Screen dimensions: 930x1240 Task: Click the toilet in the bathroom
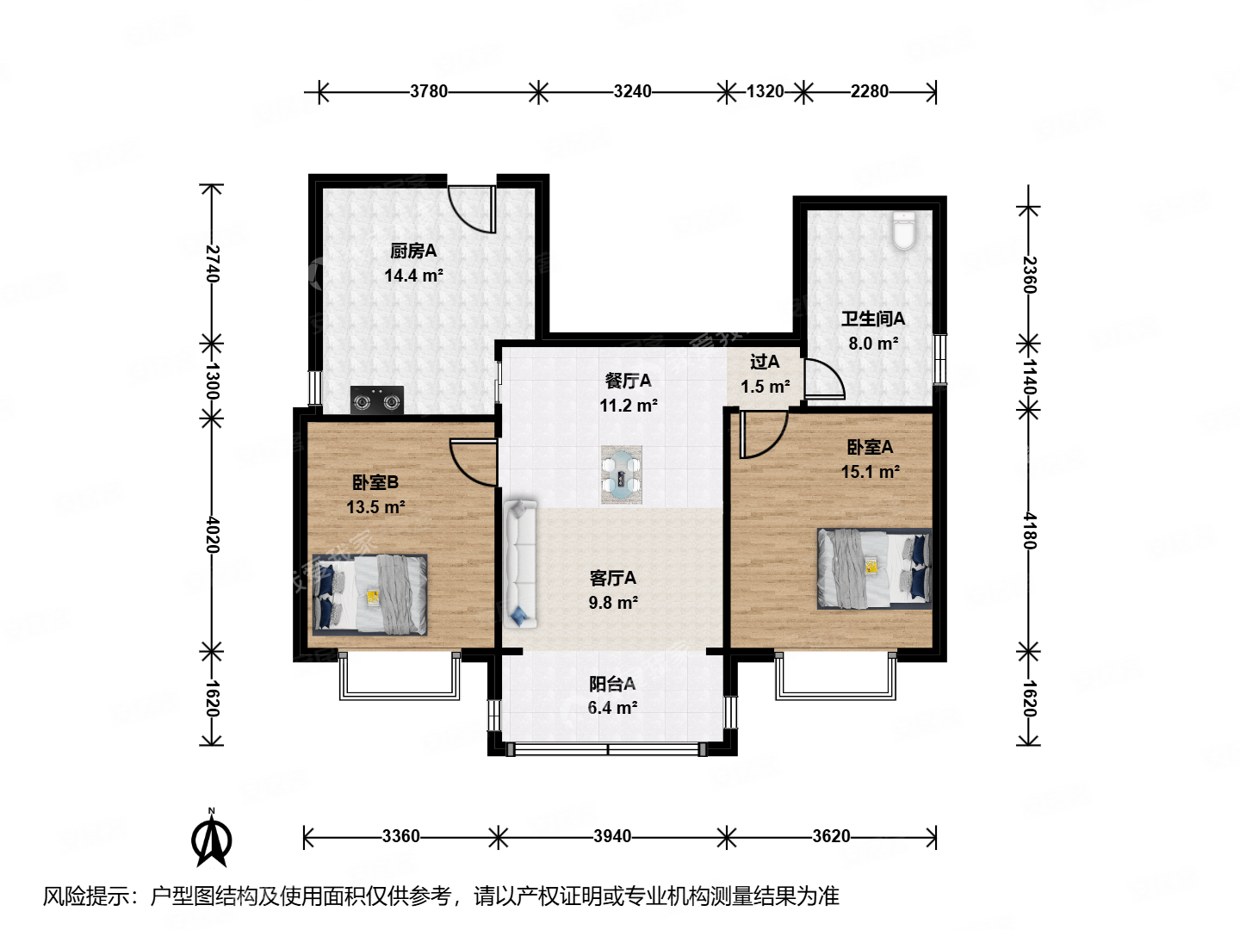(903, 231)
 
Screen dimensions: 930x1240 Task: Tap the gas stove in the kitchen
(376, 400)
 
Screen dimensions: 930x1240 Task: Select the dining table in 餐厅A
(621, 474)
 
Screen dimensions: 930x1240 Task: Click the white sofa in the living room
(520, 563)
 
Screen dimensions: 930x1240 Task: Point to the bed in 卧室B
(369, 595)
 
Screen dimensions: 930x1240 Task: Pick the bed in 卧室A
(874, 568)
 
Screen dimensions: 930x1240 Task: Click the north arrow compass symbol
(211, 838)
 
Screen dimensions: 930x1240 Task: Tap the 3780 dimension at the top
(428, 91)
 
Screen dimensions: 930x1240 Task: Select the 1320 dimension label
(765, 91)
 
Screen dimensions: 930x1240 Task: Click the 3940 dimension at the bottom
(612, 836)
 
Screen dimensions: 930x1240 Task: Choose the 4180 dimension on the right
(1029, 530)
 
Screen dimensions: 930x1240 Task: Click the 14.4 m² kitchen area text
(413, 276)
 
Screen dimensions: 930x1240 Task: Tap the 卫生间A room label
(873, 319)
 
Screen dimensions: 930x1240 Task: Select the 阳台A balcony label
(612, 684)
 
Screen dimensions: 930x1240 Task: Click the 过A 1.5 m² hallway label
(765, 375)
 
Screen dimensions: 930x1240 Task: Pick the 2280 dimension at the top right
(869, 91)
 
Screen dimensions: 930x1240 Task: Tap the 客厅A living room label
(612, 578)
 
